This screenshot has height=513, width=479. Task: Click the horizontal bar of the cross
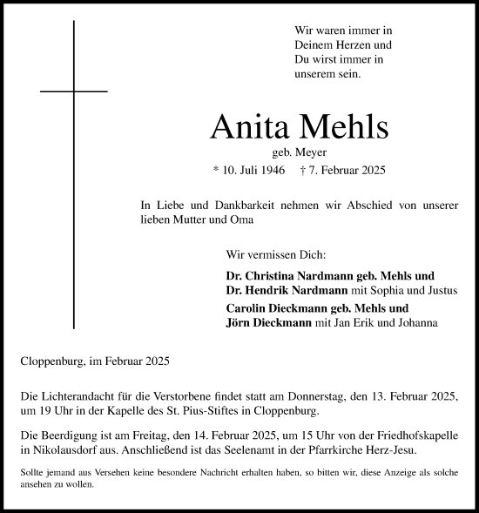[x=74, y=91]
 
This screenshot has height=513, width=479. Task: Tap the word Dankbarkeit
[x=237, y=205]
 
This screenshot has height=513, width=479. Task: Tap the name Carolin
[x=246, y=308]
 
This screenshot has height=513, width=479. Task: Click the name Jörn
[x=239, y=323]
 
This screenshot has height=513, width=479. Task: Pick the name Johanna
[x=417, y=323]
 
